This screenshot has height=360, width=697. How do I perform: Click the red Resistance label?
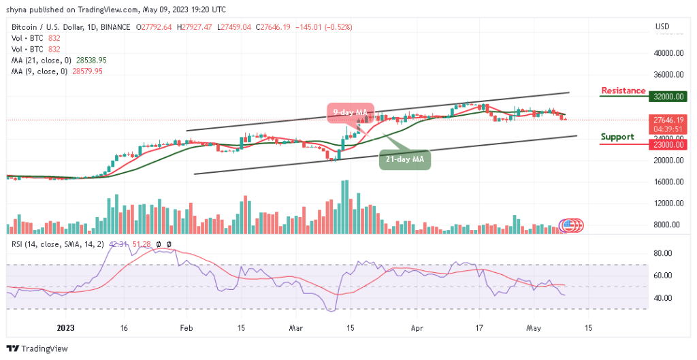point(623,91)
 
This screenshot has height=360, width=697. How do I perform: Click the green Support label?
point(617,137)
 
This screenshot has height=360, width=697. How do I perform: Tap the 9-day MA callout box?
point(351,112)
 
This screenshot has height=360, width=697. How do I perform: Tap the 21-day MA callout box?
point(404,159)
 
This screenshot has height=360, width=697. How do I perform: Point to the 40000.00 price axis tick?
point(668,53)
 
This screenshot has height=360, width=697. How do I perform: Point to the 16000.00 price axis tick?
point(668,182)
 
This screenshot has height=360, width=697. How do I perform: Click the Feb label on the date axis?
point(185,327)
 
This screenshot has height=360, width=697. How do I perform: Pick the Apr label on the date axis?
point(415,327)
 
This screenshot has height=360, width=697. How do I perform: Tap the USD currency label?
point(662,27)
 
